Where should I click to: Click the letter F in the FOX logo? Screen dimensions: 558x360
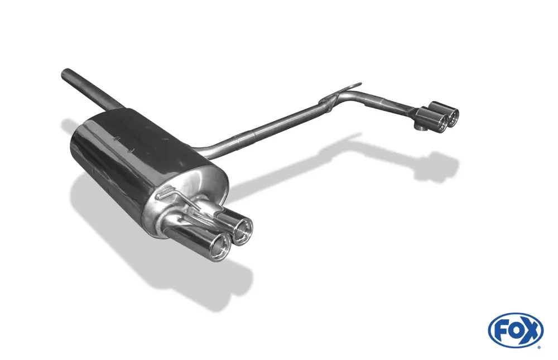coord(501,331)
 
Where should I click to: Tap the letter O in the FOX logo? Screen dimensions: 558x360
coord(515,331)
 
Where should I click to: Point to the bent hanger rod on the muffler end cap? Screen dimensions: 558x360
coord(178,198)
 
